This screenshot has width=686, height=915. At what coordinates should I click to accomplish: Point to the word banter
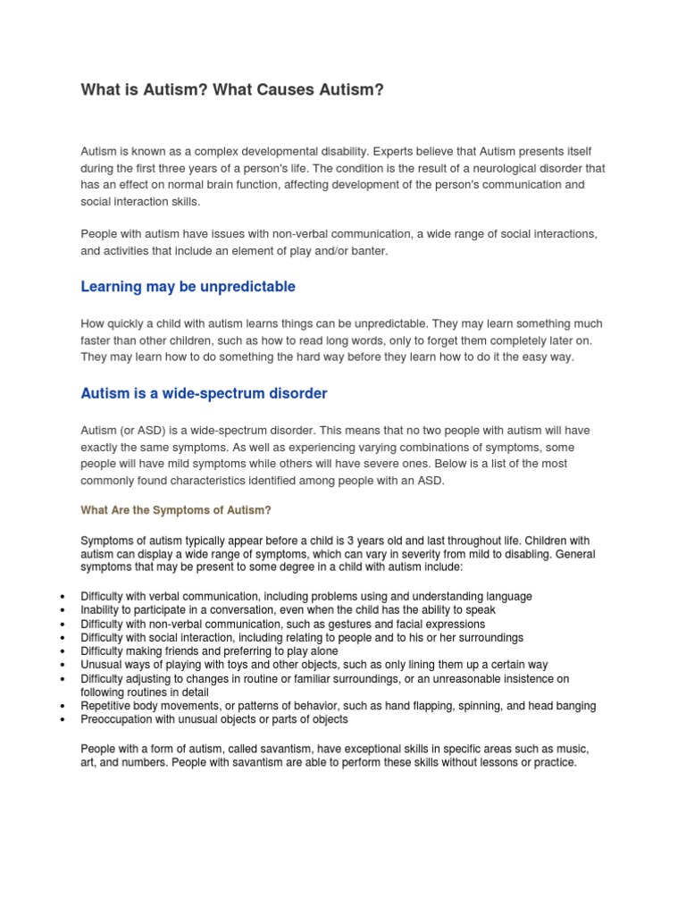pos(368,251)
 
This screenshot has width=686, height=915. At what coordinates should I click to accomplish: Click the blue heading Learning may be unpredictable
pos(188,287)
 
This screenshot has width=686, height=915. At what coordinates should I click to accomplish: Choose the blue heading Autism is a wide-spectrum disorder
pos(204,393)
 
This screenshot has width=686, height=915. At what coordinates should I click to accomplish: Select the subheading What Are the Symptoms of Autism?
pos(175,510)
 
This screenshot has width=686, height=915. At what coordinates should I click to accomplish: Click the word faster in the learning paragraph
pos(97,340)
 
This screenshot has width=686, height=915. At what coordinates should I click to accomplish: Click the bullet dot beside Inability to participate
pos(61,610)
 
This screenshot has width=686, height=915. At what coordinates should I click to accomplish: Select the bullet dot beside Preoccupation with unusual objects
pos(61,719)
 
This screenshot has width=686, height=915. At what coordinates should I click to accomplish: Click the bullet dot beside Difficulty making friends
pos(61,651)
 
